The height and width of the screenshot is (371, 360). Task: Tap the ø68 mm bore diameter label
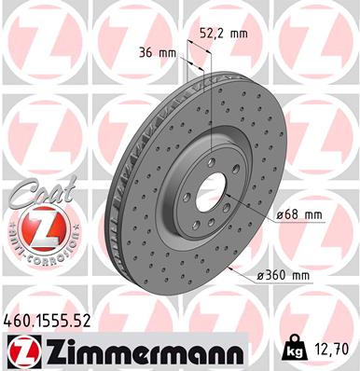[x=298, y=215]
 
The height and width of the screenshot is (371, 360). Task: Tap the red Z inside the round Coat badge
[x=35, y=228]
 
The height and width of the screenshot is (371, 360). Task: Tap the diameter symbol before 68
[x=280, y=215]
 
